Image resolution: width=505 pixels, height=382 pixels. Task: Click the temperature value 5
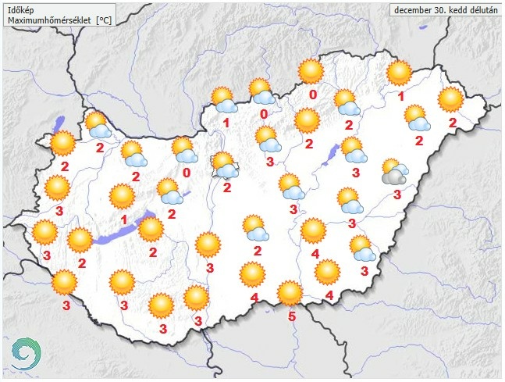291,316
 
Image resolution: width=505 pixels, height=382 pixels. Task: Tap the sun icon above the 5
290,293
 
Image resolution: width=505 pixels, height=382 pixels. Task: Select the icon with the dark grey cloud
393,171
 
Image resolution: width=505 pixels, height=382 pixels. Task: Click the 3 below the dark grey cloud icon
397,195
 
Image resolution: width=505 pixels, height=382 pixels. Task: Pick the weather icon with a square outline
224,163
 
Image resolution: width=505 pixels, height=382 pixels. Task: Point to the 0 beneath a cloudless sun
312,95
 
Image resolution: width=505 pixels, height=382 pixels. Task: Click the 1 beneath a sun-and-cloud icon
226,123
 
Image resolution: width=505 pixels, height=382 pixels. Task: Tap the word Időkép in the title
21,9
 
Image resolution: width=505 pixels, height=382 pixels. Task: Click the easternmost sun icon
451,99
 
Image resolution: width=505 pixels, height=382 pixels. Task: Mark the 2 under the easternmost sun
453,123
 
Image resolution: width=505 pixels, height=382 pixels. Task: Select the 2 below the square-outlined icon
226,187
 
